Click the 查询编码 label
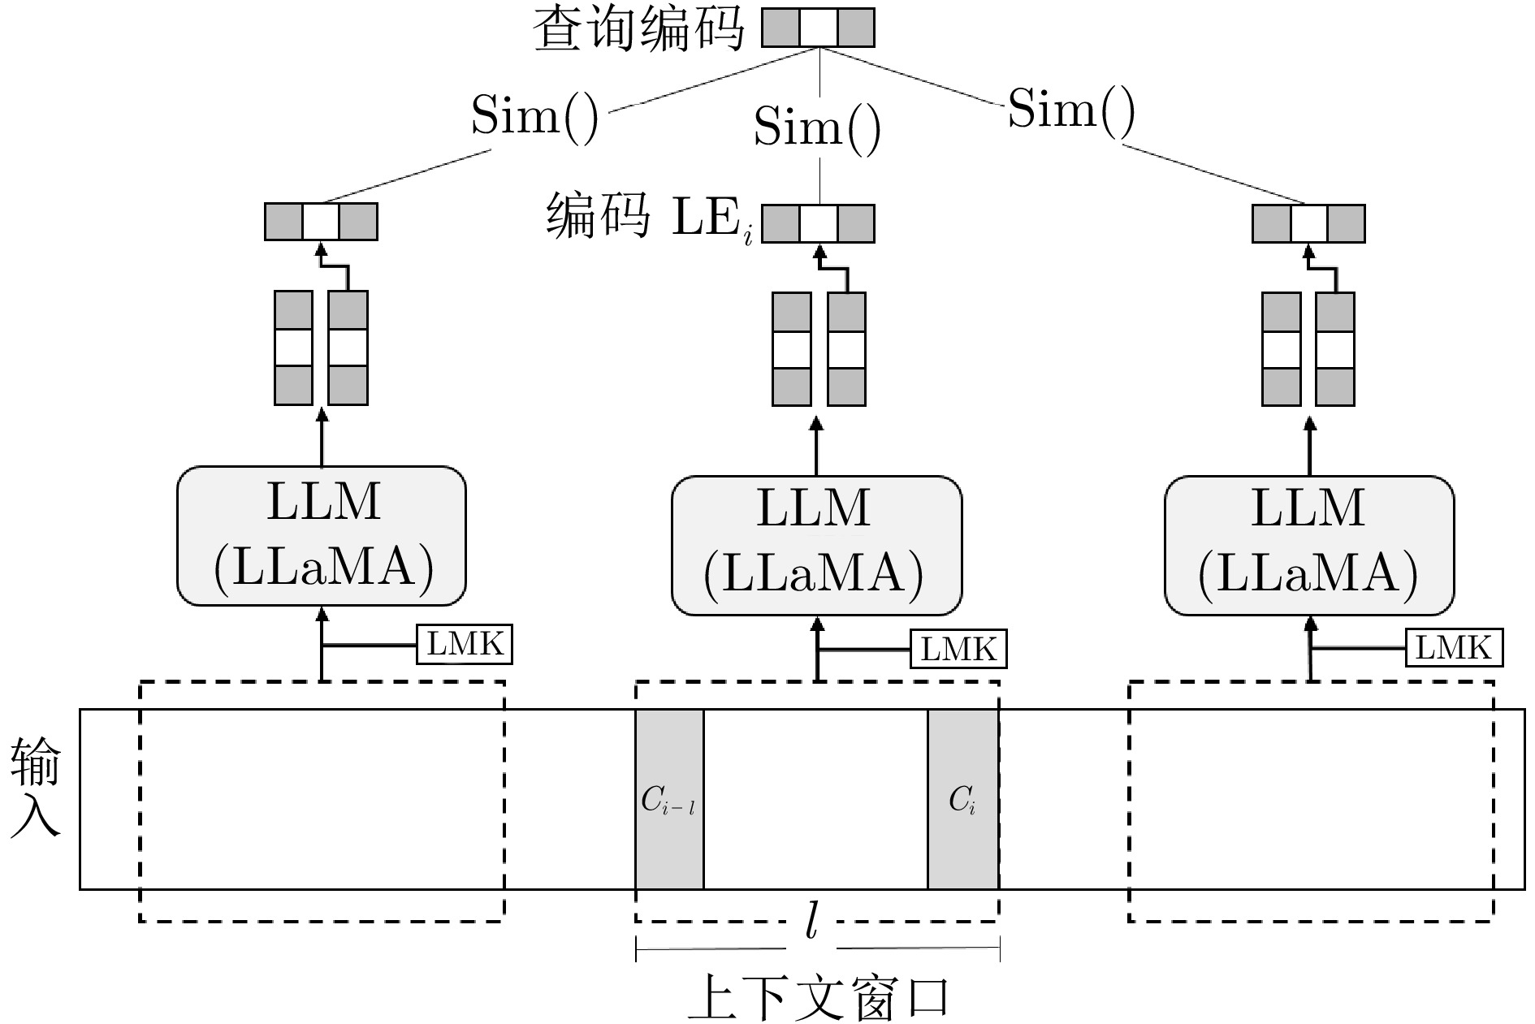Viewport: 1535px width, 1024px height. [638, 29]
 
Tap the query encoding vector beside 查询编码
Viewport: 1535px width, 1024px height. [818, 28]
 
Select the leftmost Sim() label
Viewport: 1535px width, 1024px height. [535, 115]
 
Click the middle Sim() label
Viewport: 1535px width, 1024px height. [817, 127]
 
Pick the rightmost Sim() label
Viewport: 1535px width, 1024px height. [1071, 109]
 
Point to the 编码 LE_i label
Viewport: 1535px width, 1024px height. [650, 217]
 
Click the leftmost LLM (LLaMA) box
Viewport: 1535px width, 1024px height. [322, 536]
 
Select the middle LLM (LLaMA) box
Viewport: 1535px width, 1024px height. [816, 545]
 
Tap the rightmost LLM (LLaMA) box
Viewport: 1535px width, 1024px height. [1309, 545]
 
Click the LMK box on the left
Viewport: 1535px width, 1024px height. [465, 645]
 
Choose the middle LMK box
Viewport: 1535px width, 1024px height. [958, 649]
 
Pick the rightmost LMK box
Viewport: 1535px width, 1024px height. [1454, 647]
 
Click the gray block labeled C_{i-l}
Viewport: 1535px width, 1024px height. [669, 799]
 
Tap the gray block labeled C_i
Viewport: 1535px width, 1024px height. [963, 799]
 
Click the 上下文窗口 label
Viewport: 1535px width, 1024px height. [818, 996]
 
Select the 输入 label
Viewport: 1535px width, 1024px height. [36, 788]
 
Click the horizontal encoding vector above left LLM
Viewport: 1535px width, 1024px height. [321, 222]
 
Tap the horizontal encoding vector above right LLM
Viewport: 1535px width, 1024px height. [1308, 223]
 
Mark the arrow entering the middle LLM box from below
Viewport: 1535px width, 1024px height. [817, 649]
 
